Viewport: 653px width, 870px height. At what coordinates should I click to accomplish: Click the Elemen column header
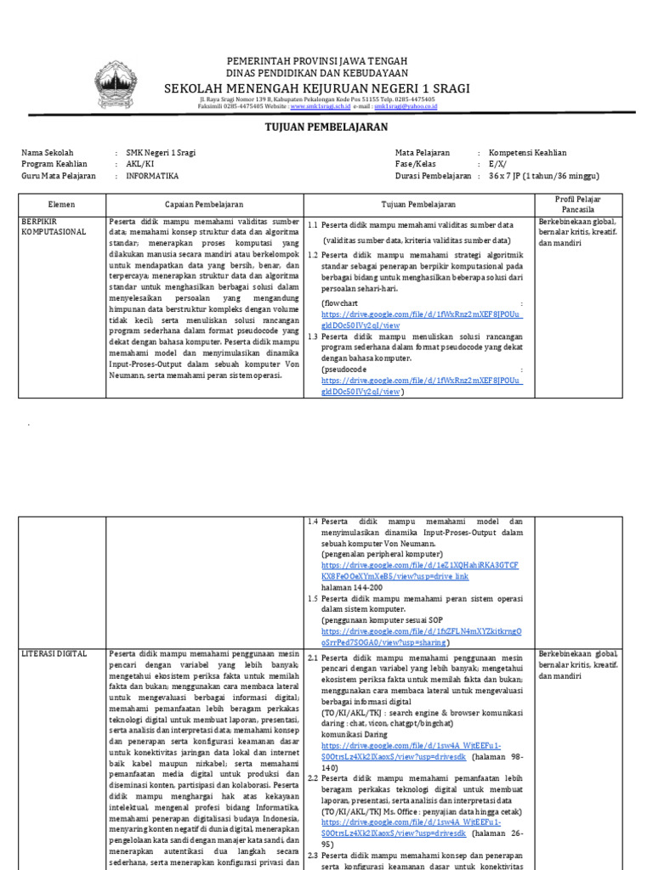coord(62,205)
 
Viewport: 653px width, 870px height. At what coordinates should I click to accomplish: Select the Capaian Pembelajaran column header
coord(204,205)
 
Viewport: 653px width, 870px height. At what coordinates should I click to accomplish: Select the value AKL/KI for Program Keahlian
coord(140,164)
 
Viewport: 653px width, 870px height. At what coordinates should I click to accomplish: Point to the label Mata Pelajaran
coord(423,153)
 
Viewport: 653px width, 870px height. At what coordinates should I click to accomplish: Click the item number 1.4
coord(312,521)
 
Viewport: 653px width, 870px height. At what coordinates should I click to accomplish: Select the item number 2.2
coord(312,754)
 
